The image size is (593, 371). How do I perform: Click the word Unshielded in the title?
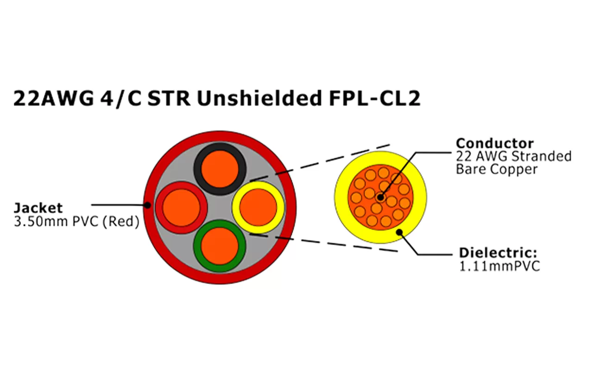coord(258,98)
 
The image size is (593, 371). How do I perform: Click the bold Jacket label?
coord(38,207)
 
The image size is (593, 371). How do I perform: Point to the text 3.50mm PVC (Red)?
coord(76,222)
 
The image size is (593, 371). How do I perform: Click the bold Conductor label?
coord(495,143)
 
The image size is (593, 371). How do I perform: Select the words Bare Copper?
coord(497,169)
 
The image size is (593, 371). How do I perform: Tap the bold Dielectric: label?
coord(498,253)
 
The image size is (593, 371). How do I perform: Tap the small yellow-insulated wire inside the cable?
coord(258,207)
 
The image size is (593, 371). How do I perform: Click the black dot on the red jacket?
coord(147,204)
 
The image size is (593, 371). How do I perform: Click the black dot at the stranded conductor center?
coord(380,197)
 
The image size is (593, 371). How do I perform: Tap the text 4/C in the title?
coord(127,98)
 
